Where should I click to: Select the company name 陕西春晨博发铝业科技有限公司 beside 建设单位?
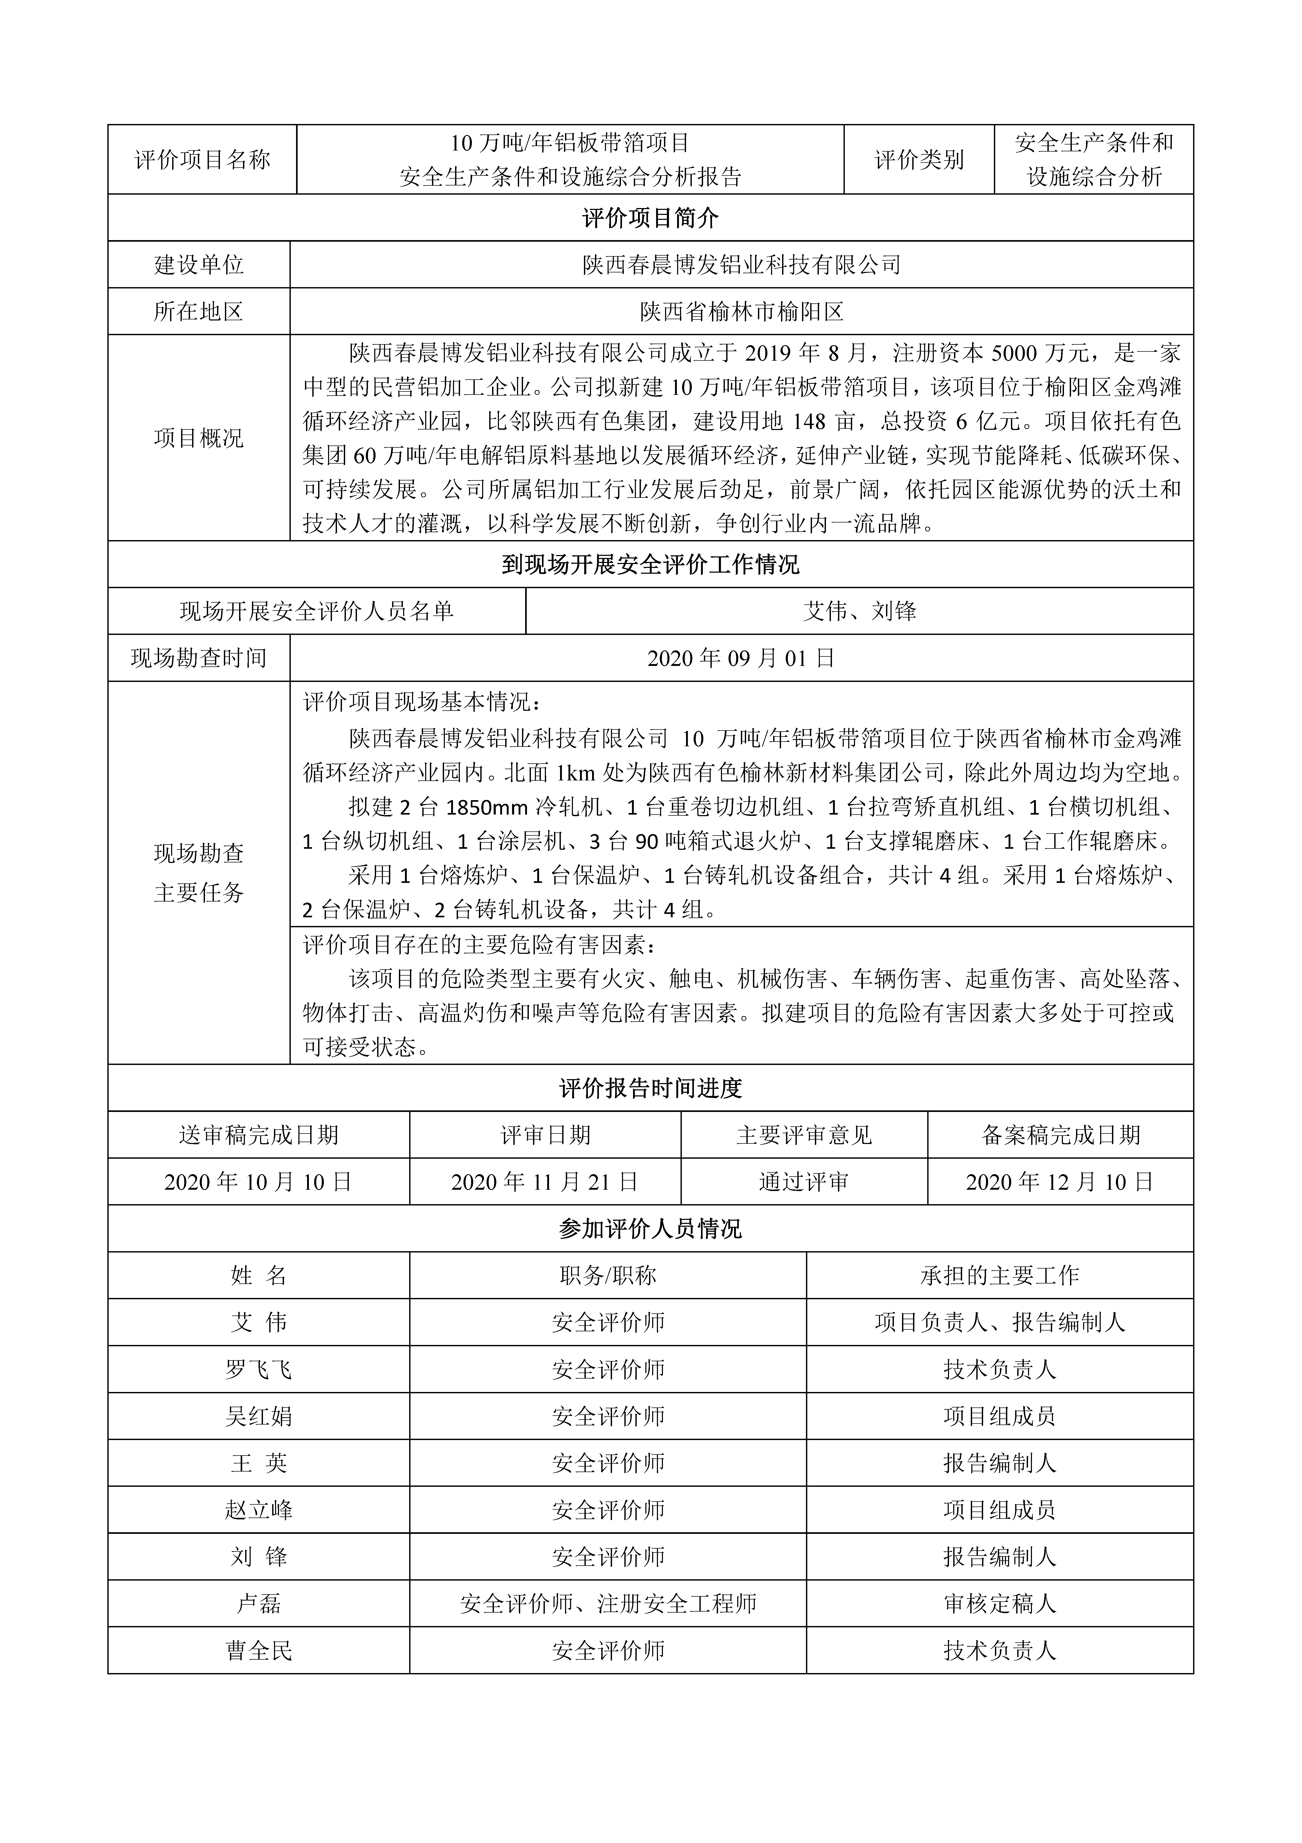[x=741, y=265]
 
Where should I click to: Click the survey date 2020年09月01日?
[x=741, y=658]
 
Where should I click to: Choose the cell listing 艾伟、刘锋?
[x=859, y=612]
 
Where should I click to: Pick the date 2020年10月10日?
[x=258, y=1182]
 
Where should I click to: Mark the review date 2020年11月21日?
[x=545, y=1182]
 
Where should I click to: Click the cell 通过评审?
[x=804, y=1182]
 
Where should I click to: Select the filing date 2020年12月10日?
[x=1060, y=1182]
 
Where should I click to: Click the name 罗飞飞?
[x=258, y=1369]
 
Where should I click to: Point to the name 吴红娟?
[x=258, y=1416]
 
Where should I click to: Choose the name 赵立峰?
[x=258, y=1510]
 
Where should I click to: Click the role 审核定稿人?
[x=1000, y=1604]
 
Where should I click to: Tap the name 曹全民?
[x=258, y=1650]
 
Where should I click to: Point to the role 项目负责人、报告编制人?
[x=1000, y=1322]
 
